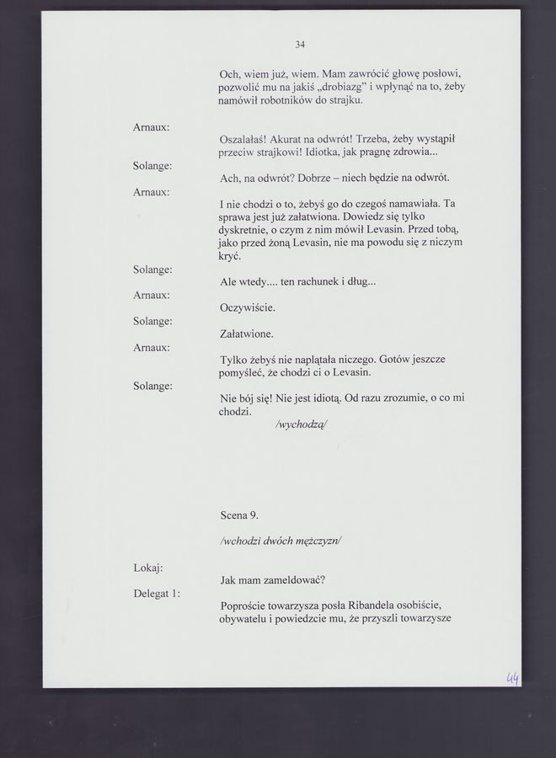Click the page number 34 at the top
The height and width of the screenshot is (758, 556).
coord(300,44)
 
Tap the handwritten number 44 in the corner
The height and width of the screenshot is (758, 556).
coord(512,678)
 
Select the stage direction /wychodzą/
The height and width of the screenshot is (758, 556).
coord(301,424)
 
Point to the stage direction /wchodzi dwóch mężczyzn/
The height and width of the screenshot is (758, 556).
coord(280,541)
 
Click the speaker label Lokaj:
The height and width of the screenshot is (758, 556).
coord(148,568)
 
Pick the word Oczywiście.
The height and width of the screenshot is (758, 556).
coord(248,307)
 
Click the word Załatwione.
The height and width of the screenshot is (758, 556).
coord(247,334)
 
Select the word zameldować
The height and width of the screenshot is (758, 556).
coord(292,579)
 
